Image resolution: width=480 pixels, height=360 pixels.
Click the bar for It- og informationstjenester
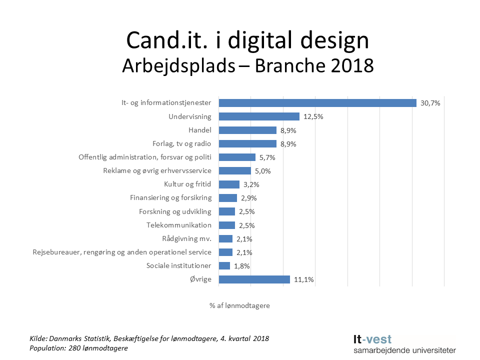coord(317,103)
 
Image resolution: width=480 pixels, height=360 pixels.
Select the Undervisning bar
coord(259,116)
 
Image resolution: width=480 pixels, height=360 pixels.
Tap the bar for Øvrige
coord(254,279)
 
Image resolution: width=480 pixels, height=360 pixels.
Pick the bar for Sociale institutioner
coord(224,265)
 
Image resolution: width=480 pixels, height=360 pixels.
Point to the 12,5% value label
coord(313,117)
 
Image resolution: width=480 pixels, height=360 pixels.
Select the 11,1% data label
coord(303,280)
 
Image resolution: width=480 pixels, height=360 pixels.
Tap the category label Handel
coord(200,130)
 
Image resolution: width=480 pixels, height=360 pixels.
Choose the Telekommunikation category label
coord(178,225)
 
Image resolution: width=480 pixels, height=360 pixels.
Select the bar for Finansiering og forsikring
coord(227,198)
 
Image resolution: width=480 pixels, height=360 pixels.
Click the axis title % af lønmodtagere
coord(239,305)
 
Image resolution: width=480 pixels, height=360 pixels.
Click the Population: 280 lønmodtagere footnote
coord(79,348)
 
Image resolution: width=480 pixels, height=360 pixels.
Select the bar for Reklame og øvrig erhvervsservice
coord(234,171)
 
